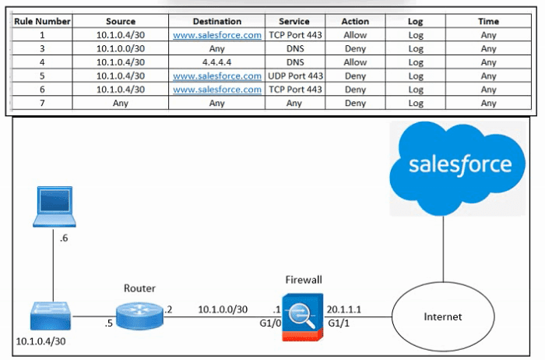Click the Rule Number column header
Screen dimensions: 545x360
tap(42, 21)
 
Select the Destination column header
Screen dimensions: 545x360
tap(217, 21)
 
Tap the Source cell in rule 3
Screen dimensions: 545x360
tap(121, 48)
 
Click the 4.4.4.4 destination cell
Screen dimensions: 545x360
tap(217, 62)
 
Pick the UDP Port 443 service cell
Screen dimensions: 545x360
tap(295, 76)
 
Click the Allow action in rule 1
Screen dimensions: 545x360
tap(355, 35)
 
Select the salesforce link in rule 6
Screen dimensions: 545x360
tap(217, 90)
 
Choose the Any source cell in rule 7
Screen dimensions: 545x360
tap(121, 103)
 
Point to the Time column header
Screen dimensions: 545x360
tap(488, 21)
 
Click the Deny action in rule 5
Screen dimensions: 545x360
tap(355, 76)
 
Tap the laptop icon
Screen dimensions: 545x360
tap(54, 206)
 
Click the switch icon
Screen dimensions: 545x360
tap(51, 316)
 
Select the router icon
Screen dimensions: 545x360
tap(139, 316)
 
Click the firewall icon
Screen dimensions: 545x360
tap(302, 317)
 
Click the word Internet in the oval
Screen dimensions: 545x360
tap(443, 316)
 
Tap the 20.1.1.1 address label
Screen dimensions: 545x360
tap(344, 309)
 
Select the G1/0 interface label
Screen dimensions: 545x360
tap(270, 323)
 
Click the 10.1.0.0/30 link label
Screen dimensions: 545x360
tap(223, 309)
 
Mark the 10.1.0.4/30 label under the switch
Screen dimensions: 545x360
tap(40, 341)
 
